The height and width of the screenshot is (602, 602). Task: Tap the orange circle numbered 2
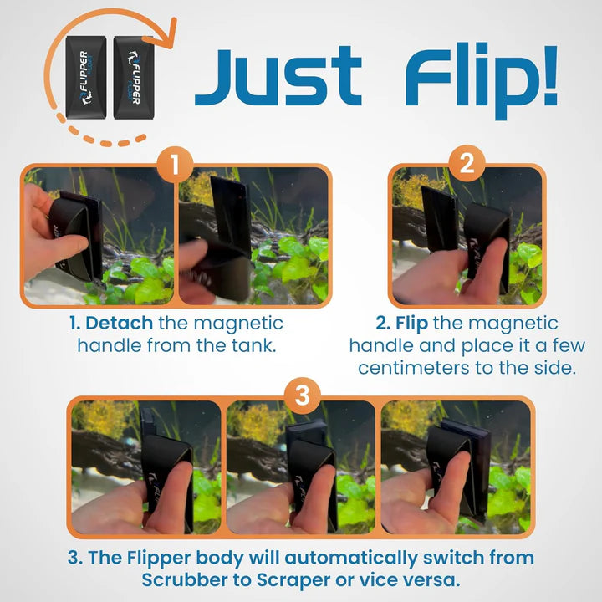(467, 162)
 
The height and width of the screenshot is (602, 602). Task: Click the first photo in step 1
(99, 236)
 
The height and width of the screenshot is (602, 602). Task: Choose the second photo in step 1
(253, 236)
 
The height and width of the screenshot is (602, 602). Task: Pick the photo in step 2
(467, 236)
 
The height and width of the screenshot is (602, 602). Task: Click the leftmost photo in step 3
(146, 467)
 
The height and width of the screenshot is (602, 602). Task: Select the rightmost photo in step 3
(456, 467)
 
